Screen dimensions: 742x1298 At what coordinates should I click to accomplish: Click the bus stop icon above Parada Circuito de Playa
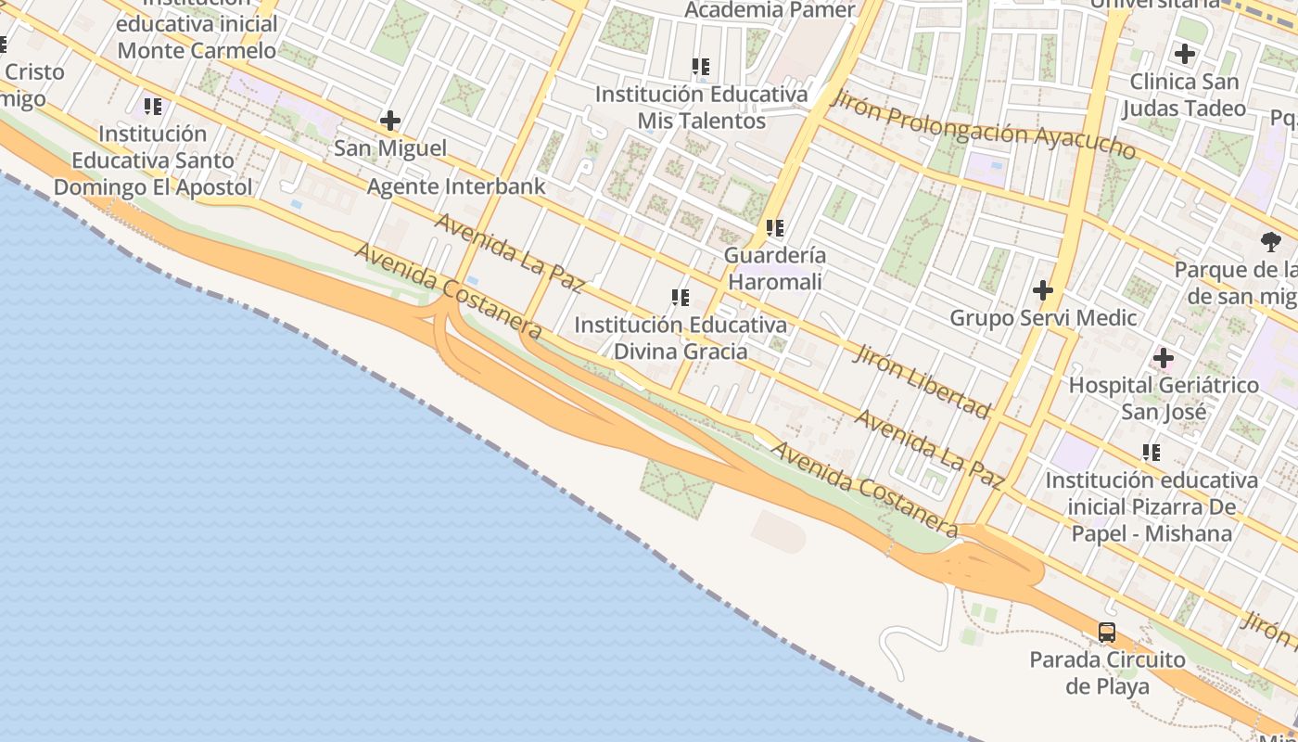click(1107, 633)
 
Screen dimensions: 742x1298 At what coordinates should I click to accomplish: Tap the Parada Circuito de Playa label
click(1107, 672)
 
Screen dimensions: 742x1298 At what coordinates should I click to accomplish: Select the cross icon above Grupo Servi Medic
click(1043, 290)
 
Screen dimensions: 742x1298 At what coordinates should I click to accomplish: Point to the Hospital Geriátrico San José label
click(1164, 398)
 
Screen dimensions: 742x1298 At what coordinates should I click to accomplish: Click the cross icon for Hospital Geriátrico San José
click(1164, 358)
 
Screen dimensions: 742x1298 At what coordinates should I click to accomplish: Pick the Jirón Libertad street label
click(923, 380)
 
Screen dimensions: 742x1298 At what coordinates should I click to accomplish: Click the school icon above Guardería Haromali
click(775, 227)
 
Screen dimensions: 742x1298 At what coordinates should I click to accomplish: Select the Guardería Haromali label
click(775, 267)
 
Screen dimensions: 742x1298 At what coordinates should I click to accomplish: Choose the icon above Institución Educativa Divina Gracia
click(681, 298)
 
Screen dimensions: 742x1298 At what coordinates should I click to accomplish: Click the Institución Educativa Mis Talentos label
click(701, 108)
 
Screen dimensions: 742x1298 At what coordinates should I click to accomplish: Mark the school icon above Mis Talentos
click(701, 67)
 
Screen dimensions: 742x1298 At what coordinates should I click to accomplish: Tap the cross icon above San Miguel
click(390, 121)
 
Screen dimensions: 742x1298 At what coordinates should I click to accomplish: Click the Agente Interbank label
click(456, 186)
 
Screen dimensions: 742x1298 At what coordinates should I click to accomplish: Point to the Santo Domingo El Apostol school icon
click(153, 107)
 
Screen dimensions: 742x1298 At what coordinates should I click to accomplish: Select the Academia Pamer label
click(770, 10)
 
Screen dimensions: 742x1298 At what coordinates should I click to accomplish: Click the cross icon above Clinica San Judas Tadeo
click(1184, 54)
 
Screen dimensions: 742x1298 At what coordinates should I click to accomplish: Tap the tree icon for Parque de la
click(1271, 242)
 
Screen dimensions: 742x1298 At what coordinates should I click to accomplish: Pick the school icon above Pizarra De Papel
click(1152, 453)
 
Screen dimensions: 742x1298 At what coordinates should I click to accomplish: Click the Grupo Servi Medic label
click(1043, 318)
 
